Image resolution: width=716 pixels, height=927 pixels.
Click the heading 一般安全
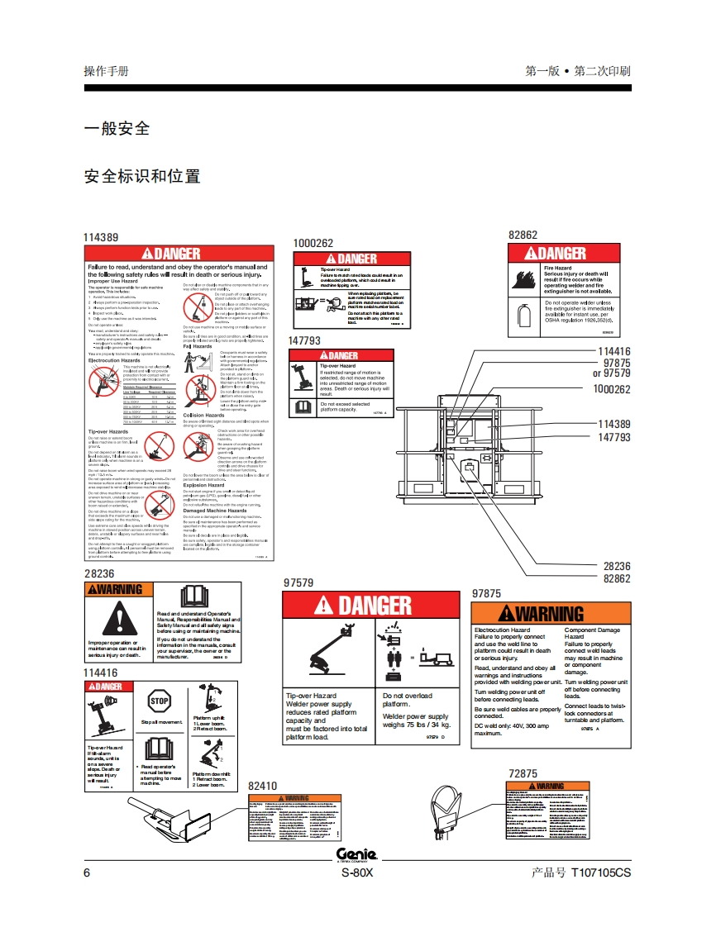pos(117,128)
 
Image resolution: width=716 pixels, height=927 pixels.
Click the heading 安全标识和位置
pos(142,176)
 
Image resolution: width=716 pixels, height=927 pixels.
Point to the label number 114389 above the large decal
pos(101,237)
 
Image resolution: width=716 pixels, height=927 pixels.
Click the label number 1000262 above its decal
pos(313,243)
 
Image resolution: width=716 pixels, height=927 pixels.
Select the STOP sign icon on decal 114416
pos(159,702)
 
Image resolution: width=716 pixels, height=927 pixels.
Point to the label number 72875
pos(523,774)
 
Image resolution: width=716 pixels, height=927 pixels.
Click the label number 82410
pos(262,786)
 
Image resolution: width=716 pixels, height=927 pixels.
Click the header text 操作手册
pos(106,71)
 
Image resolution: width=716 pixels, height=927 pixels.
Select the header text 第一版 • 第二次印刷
pos(577,71)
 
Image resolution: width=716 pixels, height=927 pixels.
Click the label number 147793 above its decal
pos(304,340)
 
